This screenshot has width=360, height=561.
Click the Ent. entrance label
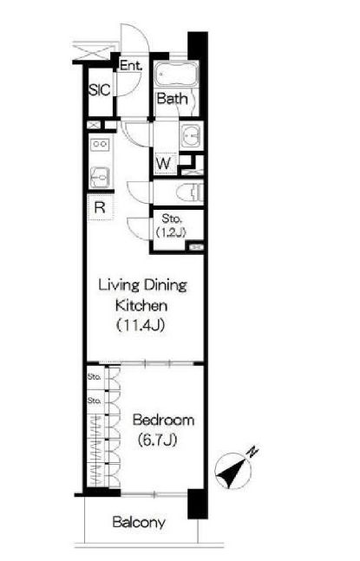[x=131, y=66]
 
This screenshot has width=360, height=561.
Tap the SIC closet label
[x=100, y=90]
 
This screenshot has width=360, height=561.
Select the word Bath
[x=172, y=98]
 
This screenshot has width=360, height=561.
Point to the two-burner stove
[x=100, y=144]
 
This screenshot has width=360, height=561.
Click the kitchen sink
[x=100, y=177]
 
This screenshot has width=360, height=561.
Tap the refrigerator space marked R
[x=100, y=207]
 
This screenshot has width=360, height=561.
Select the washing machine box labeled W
[x=164, y=164]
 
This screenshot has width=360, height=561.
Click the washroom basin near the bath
[x=192, y=136]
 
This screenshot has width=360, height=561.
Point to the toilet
[x=190, y=193]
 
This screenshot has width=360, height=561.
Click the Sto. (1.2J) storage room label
[x=171, y=225]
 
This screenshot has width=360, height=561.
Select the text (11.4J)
[x=141, y=325]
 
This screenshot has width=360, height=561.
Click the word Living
[x=119, y=285]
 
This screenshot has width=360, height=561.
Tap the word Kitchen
[x=141, y=305]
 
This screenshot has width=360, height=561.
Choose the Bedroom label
[x=163, y=420]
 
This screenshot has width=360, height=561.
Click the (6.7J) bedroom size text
[x=158, y=440]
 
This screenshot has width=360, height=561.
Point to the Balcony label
[x=139, y=523]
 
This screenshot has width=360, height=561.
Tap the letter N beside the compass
[x=252, y=452]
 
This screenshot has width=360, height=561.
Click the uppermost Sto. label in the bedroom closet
[x=94, y=376]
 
